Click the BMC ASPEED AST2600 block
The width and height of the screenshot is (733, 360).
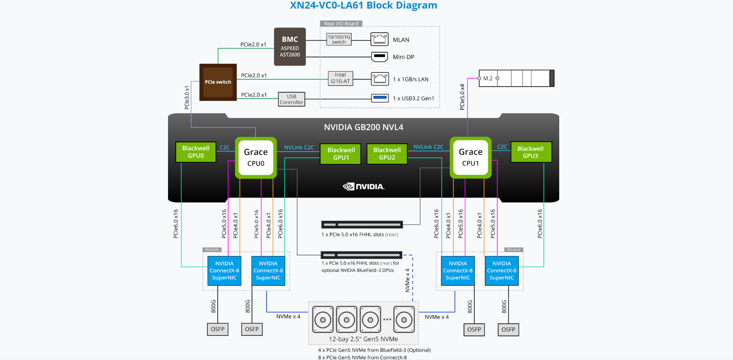(290, 47)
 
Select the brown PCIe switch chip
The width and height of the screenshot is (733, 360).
(218, 82)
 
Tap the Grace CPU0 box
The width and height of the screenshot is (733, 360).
(256, 158)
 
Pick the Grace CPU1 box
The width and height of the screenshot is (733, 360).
(471, 158)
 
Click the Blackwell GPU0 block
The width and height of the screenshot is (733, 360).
(196, 152)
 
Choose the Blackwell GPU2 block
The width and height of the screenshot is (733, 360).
(387, 154)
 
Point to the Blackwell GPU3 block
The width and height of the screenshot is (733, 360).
(531, 152)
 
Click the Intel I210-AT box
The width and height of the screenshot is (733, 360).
(341, 78)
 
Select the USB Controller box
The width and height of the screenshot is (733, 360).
(291, 99)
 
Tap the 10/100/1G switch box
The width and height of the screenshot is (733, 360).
(339, 40)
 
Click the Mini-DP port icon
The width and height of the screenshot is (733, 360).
(379, 57)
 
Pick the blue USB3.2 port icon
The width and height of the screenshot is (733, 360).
(380, 98)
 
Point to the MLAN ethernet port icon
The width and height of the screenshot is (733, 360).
(379, 39)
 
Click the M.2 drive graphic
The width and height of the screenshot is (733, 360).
(517, 78)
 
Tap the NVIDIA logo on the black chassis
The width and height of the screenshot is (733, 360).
(363, 187)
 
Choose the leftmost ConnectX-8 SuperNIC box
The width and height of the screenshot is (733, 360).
(224, 271)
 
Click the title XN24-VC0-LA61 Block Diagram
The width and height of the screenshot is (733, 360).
(363, 5)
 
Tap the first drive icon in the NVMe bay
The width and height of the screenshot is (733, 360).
(323, 320)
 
